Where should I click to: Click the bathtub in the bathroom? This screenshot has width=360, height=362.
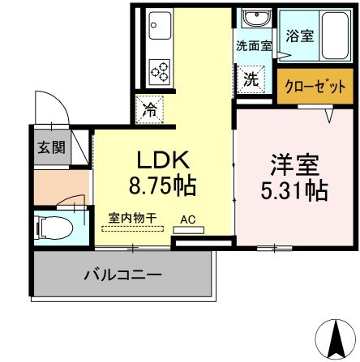(x=329, y=38)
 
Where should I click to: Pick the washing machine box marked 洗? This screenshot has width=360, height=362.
(x=252, y=80)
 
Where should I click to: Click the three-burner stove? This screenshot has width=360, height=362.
(x=160, y=70)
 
